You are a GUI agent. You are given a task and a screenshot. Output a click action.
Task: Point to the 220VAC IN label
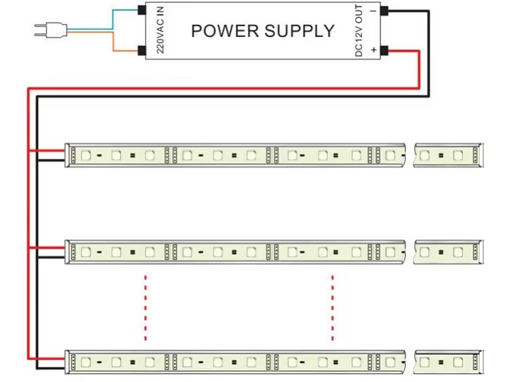pyautogui.click(x=160, y=31)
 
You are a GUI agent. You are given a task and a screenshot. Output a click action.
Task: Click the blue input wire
pyautogui.click(x=103, y=21)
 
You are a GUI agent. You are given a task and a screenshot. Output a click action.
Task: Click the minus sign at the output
pyautogui.click(x=374, y=11)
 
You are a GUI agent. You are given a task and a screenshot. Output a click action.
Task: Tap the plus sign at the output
pyautogui.click(x=374, y=50)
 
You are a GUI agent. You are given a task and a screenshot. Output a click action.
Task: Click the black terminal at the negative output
pyautogui.click(x=385, y=11)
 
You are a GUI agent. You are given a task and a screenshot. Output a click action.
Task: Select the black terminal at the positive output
pyautogui.click(x=385, y=50)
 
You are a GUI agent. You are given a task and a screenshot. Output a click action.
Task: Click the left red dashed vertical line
pyautogui.click(x=145, y=307)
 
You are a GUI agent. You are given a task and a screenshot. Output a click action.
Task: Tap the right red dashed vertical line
pyautogui.click(x=333, y=307)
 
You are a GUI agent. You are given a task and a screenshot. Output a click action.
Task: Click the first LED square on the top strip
pyautogui.click(x=86, y=155)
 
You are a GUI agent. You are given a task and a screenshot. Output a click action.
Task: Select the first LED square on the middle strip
pyautogui.click(x=86, y=251)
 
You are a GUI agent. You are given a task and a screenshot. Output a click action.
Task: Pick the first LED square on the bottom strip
pyautogui.click(x=86, y=360)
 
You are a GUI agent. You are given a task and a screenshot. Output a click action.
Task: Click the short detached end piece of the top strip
pyautogui.click(x=450, y=155)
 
